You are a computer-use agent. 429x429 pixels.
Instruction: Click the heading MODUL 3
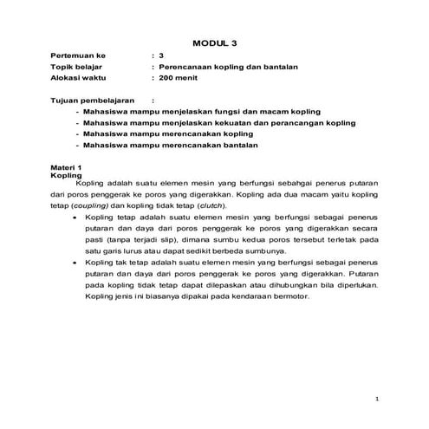(214, 42)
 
